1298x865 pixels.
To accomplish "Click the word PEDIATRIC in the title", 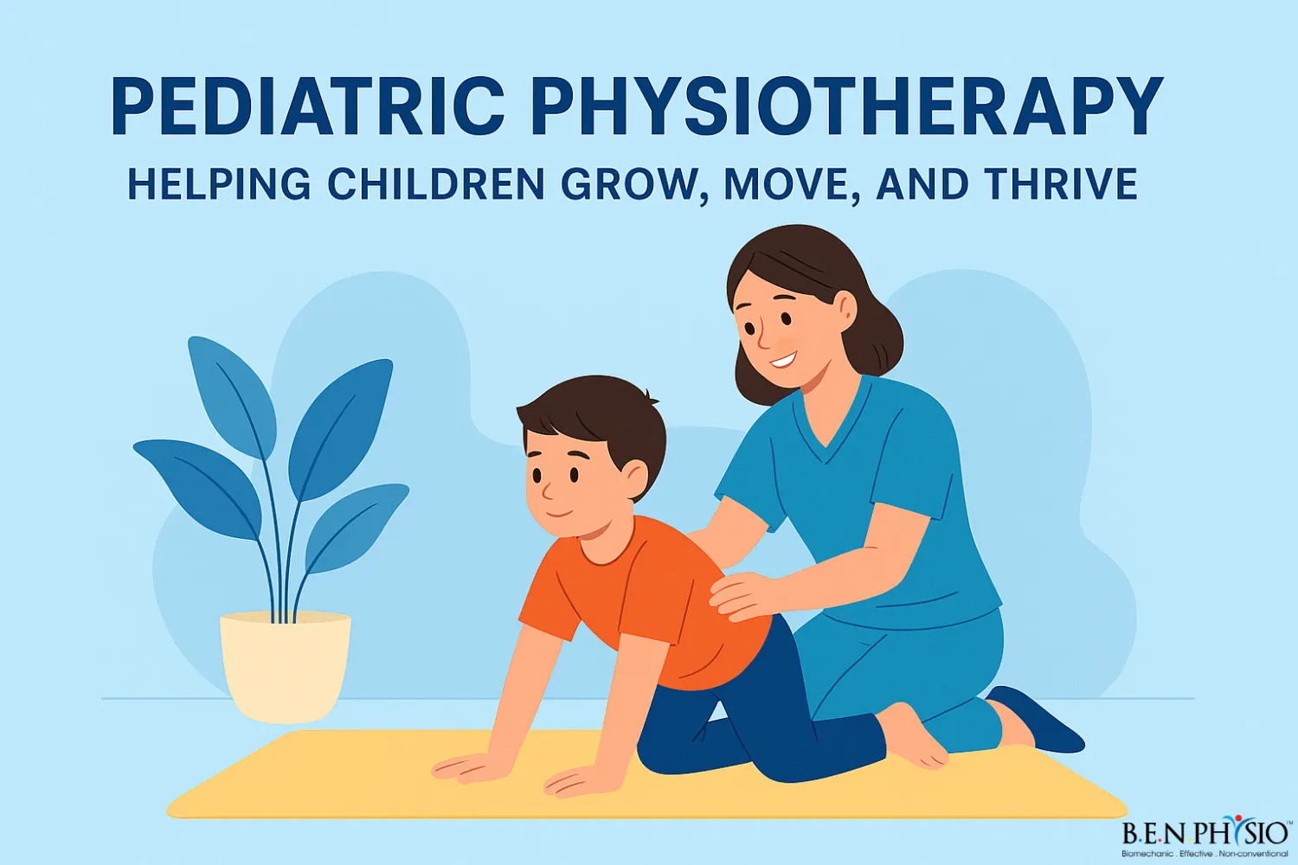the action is pos(308,106).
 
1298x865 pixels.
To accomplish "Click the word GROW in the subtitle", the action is pos(631,185).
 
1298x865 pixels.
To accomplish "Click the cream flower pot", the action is pos(285,666).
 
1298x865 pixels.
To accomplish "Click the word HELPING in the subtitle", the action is pos(220,183).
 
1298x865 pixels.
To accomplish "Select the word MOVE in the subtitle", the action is pos(786,185).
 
